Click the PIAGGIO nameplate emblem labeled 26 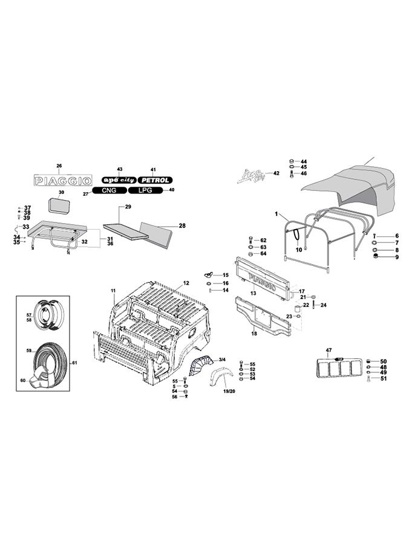click(x=62, y=181)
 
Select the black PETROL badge click(x=155, y=180)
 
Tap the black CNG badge click(x=109, y=190)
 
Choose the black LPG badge click(x=145, y=190)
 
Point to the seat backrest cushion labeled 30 click(x=60, y=204)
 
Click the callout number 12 click(x=186, y=283)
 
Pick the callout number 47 click(x=329, y=351)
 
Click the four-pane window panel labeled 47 click(x=338, y=368)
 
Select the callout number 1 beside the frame click(x=276, y=215)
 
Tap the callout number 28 click(x=182, y=227)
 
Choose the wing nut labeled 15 click(x=210, y=276)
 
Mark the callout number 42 click(x=276, y=173)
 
